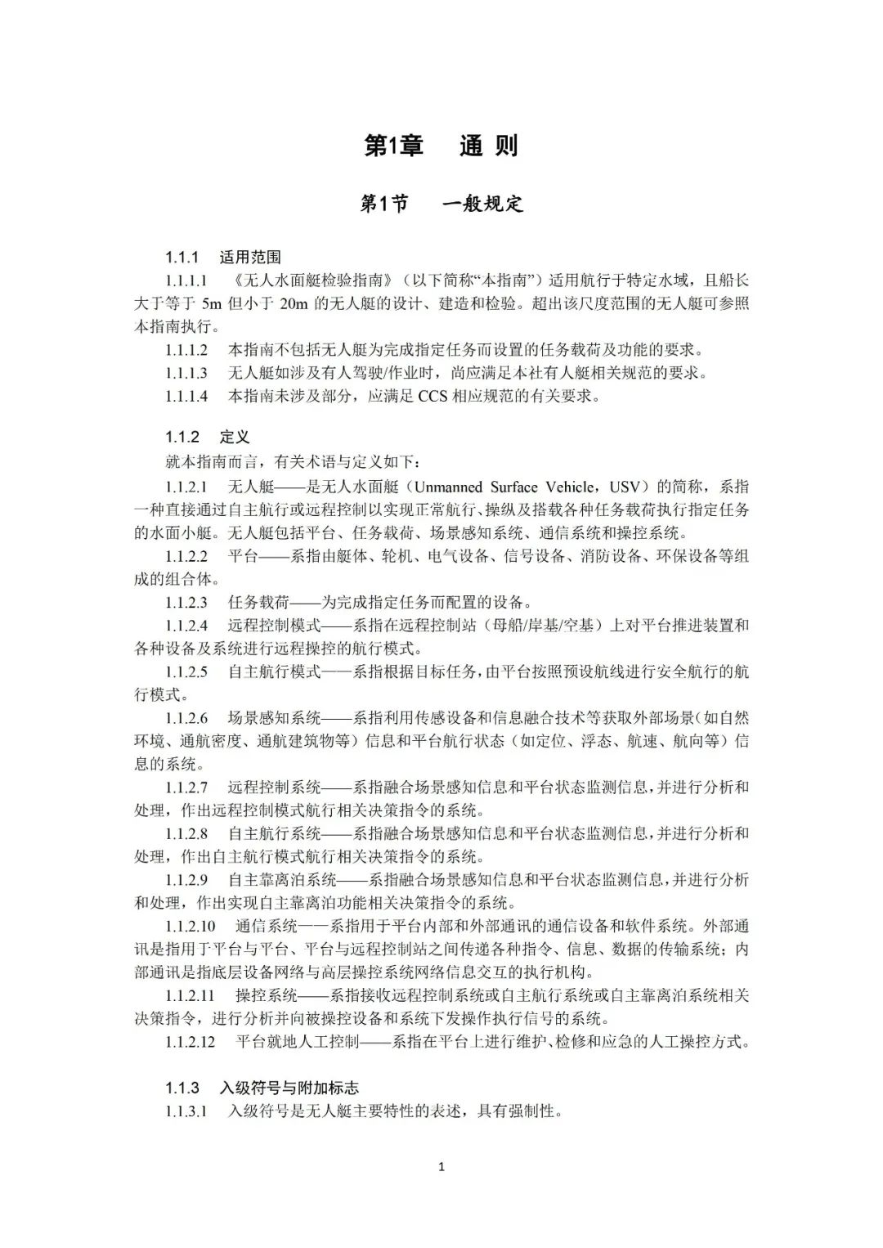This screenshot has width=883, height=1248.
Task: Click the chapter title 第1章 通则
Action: pos(441,146)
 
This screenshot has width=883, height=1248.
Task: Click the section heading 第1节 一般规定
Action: pos(441,204)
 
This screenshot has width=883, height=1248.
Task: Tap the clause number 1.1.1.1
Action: pos(186,281)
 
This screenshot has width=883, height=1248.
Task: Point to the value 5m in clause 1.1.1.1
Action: pos(212,303)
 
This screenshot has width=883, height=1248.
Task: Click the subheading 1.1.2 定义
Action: pos(207,438)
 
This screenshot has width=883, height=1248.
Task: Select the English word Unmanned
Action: pos(455,487)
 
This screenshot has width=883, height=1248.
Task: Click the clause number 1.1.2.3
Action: pos(186,603)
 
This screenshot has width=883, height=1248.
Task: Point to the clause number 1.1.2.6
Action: pos(186,718)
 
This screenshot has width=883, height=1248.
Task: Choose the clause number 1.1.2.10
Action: pos(190,927)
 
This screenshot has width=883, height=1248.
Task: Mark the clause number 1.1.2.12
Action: pos(190,1042)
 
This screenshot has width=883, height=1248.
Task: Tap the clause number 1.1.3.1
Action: pos(186,1111)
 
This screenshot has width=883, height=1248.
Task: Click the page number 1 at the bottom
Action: pos(441,1167)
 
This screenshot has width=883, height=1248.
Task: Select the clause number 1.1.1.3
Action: pos(186,373)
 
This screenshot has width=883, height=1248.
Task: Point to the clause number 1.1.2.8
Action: pos(186,833)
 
